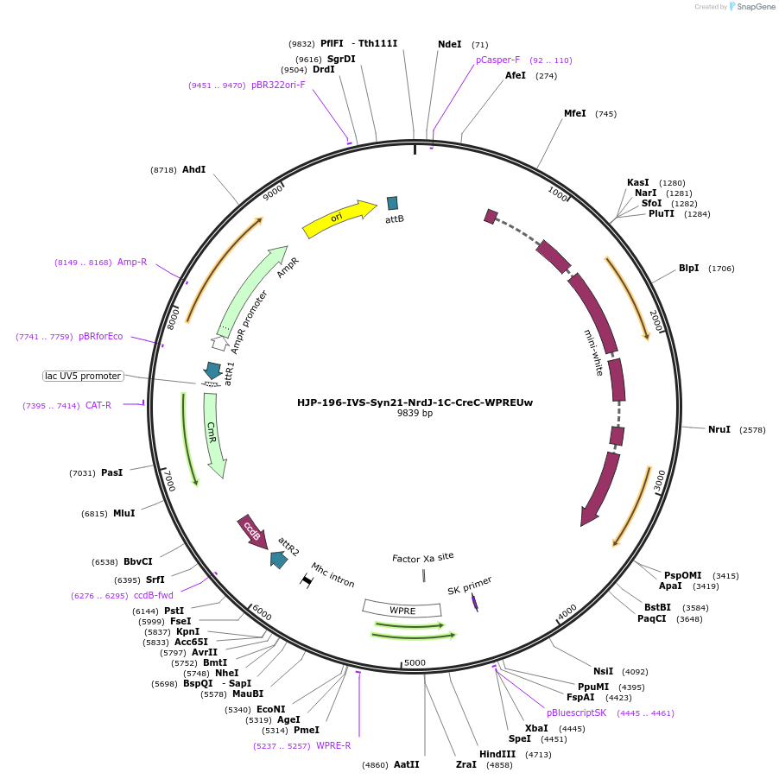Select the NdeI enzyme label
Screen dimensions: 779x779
[450, 44]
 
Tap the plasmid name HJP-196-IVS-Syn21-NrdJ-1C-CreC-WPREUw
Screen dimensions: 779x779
[415, 402]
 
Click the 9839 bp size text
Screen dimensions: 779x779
[415, 414]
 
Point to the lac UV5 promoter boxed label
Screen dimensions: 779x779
[83, 376]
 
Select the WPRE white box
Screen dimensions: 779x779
[402, 610]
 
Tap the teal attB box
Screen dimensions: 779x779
[393, 203]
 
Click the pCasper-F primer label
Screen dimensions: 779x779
[498, 60]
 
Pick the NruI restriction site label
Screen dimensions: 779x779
[719, 429]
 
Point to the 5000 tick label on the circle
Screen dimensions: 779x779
[415, 662]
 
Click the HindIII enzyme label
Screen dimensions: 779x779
[497, 754]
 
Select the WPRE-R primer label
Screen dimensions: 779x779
[333, 745]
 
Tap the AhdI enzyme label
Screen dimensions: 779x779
[193, 170]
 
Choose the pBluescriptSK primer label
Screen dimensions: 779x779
[576, 712]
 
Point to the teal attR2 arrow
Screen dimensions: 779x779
[278, 559]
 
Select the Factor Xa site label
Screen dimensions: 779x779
[422, 557]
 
